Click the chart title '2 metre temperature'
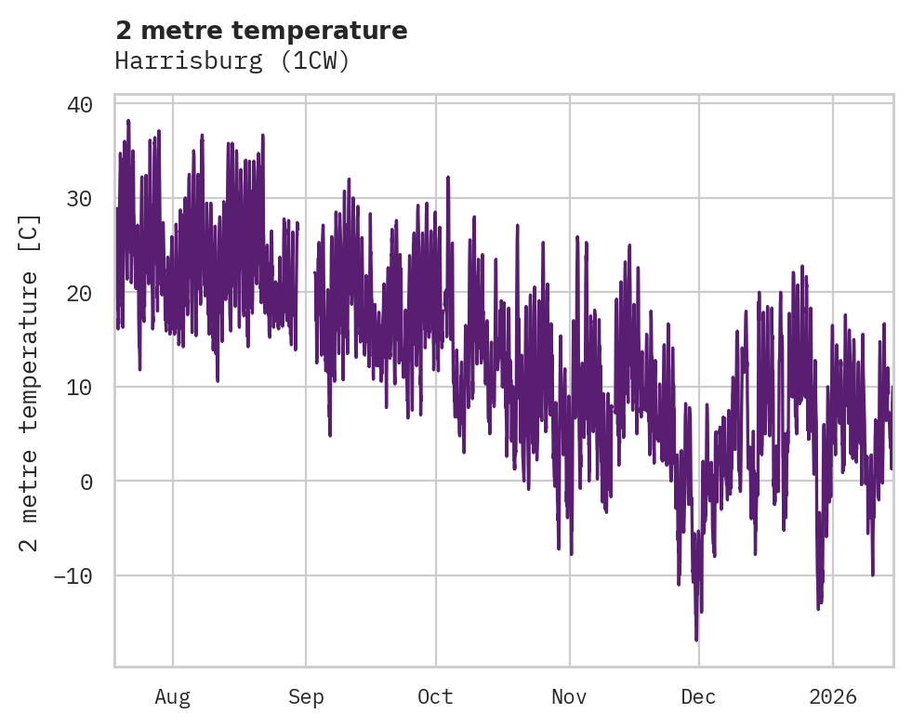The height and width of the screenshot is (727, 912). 261,31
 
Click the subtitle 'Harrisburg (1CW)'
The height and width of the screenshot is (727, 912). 231,61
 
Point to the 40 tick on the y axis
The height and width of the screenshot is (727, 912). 80,104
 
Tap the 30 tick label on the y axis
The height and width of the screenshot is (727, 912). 80,199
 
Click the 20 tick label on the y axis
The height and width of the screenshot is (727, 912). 80,293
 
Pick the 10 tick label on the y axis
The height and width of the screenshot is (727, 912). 80,388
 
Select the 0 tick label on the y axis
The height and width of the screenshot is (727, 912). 86,482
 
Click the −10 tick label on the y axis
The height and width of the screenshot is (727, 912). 73,576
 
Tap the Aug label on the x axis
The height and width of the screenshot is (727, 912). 172,696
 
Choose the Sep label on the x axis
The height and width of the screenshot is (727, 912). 306,696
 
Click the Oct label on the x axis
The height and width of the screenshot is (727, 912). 435,696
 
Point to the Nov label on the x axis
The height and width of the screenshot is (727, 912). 569,696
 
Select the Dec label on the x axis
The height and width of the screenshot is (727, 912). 698,696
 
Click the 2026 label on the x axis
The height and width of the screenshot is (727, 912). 833,696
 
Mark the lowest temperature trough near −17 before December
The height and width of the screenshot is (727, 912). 696,640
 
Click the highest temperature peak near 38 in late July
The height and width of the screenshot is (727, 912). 128,121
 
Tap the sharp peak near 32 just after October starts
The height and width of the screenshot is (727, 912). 448,177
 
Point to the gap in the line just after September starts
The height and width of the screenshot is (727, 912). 306,270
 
